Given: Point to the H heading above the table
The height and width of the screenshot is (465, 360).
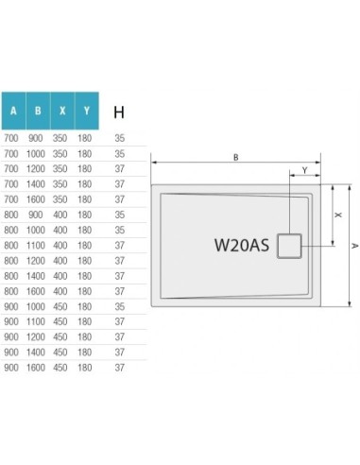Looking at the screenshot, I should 119,112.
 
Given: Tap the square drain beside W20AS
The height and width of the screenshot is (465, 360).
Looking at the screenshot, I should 288,246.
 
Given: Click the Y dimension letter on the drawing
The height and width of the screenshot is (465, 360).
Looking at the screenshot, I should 303,171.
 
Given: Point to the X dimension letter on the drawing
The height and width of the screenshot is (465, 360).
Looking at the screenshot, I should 338,214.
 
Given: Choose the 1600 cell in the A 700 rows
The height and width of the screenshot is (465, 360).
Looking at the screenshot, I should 37,199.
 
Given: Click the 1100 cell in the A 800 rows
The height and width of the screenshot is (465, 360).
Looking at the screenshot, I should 37,245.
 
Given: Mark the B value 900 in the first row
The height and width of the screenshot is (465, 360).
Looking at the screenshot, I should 37,138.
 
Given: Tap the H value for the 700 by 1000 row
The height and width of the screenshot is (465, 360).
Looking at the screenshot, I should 119,153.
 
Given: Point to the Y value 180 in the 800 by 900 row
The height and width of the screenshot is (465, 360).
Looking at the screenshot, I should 86,215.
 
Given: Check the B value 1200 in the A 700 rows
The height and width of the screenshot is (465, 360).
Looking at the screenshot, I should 37,168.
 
